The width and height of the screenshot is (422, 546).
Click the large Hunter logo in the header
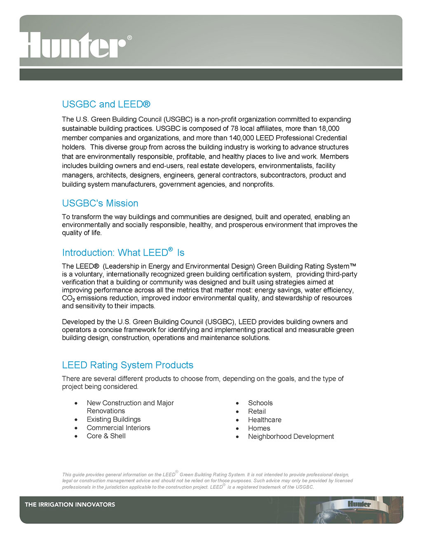pyautogui.click(x=73, y=45)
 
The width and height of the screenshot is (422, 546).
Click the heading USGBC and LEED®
pyautogui.click(x=106, y=104)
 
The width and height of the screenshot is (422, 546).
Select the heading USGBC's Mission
pyautogui.click(x=100, y=203)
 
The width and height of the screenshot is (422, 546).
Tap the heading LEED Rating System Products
pyautogui.click(x=127, y=365)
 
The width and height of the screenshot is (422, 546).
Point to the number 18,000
pyautogui.click(x=329, y=129)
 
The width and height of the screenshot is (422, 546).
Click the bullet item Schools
pyautogui.click(x=260, y=403)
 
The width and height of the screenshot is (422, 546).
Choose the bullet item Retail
pyautogui.click(x=257, y=411)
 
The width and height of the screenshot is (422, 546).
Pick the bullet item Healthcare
pyautogui.click(x=265, y=420)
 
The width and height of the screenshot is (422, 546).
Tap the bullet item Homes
pyautogui.click(x=259, y=428)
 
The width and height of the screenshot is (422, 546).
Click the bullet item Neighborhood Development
pyautogui.click(x=291, y=436)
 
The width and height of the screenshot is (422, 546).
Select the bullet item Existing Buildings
pyautogui.click(x=113, y=419)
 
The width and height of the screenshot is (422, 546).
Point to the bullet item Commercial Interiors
pyautogui.click(x=118, y=428)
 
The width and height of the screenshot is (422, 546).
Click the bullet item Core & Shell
pyautogui.click(x=106, y=436)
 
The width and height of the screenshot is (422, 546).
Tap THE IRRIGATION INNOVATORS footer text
pyautogui.click(x=70, y=504)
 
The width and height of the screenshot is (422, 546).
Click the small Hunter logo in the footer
pyautogui.click(x=359, y=504)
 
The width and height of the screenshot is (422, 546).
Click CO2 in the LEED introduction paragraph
pyautogui.click(x=68, y=298)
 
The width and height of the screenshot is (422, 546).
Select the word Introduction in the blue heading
pyautogui.click(x=88, y=253)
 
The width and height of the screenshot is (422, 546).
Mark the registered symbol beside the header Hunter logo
pyautogui.click(x=129, y=38)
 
